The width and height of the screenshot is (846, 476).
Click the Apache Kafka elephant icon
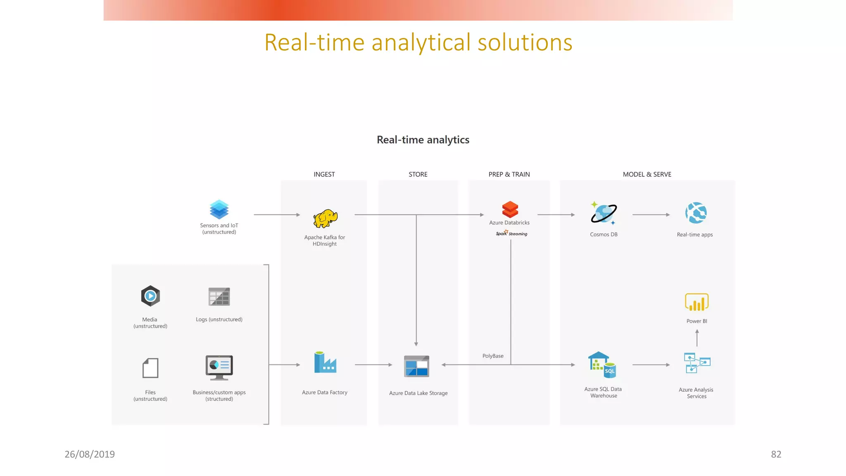point(325,218)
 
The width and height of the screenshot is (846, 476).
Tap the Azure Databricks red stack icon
point(510,209)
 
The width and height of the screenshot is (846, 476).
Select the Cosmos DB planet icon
point(604,213)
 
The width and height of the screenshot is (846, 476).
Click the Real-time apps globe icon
point(696,213)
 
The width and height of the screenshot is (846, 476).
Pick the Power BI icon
point(697,302)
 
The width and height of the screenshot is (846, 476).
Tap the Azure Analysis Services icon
point(697,363)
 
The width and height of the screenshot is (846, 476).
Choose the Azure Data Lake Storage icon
point(416,366)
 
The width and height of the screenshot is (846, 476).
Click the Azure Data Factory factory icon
point(325,362)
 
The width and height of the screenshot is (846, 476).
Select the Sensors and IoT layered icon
point(219,209)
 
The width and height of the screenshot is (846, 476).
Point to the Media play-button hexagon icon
point(150,296)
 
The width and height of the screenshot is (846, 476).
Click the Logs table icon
point(219,297)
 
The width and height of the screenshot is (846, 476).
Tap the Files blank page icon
point(150,368)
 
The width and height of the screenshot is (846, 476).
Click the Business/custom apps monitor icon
point(219,367)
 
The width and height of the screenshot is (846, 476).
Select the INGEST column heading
point(324,174)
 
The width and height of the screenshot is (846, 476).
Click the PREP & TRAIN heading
point(509,174)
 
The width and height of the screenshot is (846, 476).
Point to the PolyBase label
point(493,356)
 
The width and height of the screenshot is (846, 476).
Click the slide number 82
point(776,454)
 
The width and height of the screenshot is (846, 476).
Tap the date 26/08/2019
point(90,454)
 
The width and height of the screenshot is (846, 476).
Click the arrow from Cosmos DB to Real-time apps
point(651,215)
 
